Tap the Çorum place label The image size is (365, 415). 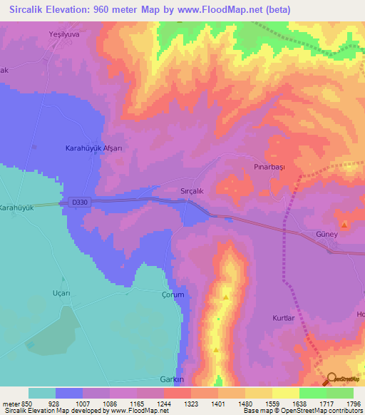(x=173, y=294)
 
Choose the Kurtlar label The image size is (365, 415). (x=283, y=318)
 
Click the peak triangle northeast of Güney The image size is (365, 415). (x=344, y=225)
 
